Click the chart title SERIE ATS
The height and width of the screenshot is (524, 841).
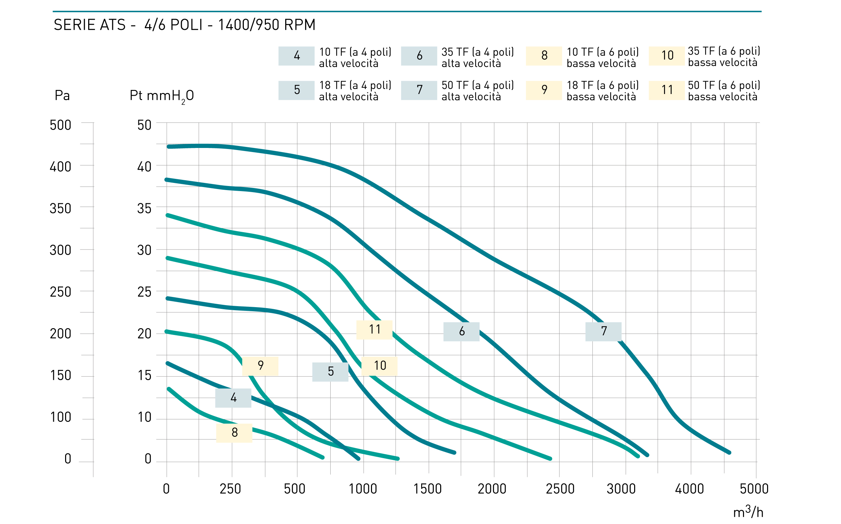pos(90,25)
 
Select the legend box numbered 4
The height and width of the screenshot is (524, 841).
pos(296,56)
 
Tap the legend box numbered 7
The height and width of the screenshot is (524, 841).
pos(419,90)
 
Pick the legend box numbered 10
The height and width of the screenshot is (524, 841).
pos(666,55)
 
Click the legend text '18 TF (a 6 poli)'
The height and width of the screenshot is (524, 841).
pos(603,85)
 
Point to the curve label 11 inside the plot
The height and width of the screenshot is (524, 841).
pos(374,330)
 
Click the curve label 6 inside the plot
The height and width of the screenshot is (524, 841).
pos(462,332)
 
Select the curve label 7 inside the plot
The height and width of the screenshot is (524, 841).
pos(604,332)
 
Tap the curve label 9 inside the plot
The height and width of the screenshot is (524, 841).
pos(260,366)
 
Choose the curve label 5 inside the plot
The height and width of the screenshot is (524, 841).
pos(330,372)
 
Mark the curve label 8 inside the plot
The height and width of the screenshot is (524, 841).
pos(234,433)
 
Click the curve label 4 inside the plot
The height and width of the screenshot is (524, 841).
pos(233,398)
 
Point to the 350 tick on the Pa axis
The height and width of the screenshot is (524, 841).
pos(60,209)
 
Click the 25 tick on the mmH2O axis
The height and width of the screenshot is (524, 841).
pos(144,292)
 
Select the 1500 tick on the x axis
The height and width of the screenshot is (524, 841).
pos(428,489)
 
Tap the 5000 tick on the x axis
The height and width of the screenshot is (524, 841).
pos(754,489)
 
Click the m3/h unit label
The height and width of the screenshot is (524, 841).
pos(748,511)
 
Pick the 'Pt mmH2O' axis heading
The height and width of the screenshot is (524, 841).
pos(162,96)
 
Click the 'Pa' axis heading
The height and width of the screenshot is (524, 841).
pos(62,95)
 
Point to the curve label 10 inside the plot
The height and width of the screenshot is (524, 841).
pos(379,366)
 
